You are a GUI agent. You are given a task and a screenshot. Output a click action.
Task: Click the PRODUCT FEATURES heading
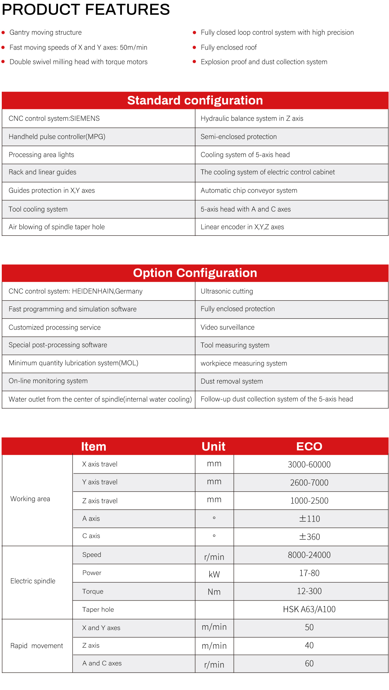[x=86, y=10]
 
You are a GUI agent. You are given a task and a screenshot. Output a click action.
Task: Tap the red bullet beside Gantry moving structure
[x=3, y=33]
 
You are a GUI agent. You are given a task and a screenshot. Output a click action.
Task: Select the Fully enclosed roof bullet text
[x=228, y=47]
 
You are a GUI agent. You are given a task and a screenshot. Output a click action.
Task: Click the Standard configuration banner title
[x=195, y=100]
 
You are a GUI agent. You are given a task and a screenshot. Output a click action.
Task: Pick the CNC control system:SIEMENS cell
[x=54, y=119]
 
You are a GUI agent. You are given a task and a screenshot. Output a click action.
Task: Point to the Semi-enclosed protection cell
[x=239, y=137]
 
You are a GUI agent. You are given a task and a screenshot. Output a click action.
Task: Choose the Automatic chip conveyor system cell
[x=249, y=190]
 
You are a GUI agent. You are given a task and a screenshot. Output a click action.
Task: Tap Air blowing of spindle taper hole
[x=57, y=227]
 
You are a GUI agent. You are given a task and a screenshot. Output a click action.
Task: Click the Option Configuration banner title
[x=195, y=273]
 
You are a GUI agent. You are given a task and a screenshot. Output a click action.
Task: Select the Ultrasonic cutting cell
[x=227, y=291]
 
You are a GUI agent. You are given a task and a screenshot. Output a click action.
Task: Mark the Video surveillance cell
[x=227, y=327]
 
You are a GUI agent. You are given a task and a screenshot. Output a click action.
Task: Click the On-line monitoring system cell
[x=48, y=381]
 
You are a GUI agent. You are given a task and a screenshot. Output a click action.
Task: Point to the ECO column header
[x=309, y=447]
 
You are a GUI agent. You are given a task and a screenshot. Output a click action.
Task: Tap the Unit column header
[x=214, y=447]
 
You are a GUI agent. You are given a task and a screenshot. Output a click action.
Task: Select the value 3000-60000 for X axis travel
[x=309, y=465]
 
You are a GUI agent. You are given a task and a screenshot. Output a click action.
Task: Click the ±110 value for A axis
[x=309, y=519]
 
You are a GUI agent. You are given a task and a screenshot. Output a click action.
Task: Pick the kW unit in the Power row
[x=214, y=574]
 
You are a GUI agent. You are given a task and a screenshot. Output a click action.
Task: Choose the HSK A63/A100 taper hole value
[x=309, y=609]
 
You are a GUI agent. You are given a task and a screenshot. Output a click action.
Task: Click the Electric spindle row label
[x=33, y=581]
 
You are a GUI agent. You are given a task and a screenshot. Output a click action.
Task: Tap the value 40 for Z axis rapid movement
[x=309, y=645]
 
